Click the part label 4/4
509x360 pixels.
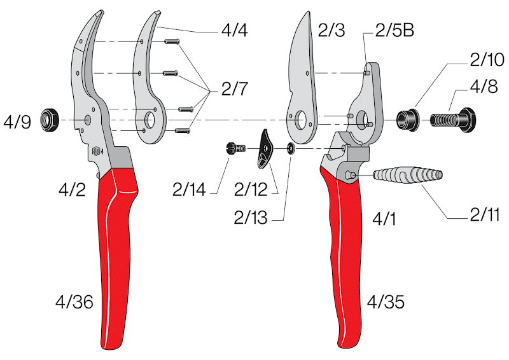point(234,31)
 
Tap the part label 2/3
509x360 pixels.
point(331,31)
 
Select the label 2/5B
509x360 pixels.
point(394,31)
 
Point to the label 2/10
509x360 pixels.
point(487,60)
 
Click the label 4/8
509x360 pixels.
point(484,87)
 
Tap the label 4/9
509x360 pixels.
point(17,122)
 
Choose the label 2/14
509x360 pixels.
point(189,190)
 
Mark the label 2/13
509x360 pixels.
point(251,218)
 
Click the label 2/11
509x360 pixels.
point(485,214)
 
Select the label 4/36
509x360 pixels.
point(74,302)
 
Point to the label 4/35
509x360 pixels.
point(386,302)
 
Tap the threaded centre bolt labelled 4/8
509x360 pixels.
point(453,120)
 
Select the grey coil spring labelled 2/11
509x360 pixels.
point(408,176)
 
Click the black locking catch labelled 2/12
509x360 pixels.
point(265,149)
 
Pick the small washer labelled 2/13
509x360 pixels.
point(290,149)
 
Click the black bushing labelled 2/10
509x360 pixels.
point(408,120)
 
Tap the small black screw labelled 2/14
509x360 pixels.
point(235,149)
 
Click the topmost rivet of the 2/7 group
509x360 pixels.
point(172,41)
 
